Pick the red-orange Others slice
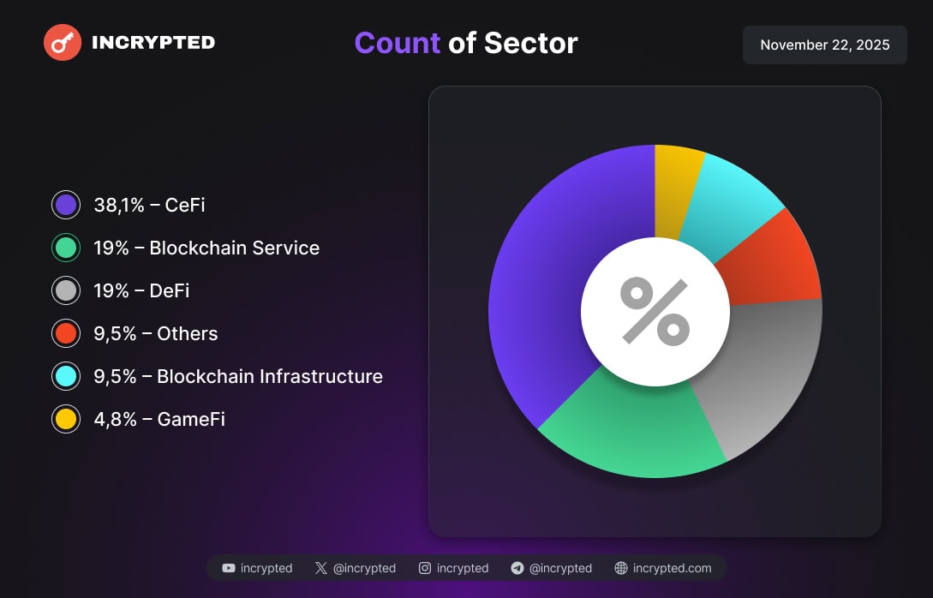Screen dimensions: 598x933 pos(771,261)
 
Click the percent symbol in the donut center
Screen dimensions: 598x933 pos(655,312)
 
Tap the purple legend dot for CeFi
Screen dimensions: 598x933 pos(66,206)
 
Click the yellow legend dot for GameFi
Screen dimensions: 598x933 pos(66,420)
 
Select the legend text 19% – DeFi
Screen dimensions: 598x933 pos(141,291)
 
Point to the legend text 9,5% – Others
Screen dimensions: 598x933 pos(156,334)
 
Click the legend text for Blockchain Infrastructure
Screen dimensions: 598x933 pos(238,377)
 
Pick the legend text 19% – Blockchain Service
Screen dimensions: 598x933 pos(206,248)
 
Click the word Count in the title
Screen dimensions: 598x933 pos(397,43)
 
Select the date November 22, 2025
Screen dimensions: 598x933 pos(824,45)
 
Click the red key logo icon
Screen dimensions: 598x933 pos(63,42)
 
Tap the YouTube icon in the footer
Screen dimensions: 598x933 pos(229,568)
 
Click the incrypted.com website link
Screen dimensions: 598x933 pos(672,568)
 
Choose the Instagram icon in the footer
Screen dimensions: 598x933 pos(425,568)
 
